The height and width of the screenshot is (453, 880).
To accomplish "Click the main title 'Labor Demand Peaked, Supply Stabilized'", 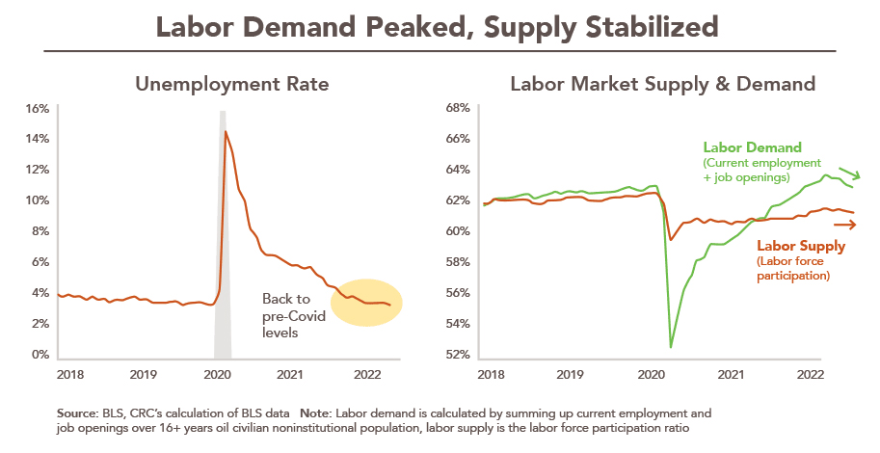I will (439, 26).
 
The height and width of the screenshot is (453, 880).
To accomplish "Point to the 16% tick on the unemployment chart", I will (37, 108).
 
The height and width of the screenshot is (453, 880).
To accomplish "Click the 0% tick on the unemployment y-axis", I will (40, 355).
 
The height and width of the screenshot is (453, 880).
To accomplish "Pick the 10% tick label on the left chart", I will (37, 200).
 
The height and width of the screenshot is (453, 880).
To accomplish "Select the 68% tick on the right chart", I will (456, 108).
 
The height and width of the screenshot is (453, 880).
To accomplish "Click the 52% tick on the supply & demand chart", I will (456, 355).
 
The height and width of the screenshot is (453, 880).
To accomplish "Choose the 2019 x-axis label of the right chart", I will (569, 373).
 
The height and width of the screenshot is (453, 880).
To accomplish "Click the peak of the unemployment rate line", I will (226, 131).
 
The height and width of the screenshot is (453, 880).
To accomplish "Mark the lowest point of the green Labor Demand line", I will (671, 346).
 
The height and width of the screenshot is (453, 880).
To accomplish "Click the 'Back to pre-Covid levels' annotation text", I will (286, 315).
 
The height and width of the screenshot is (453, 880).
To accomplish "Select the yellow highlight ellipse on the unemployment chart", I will (366, 303).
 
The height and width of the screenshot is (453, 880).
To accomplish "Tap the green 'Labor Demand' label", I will (752, 147).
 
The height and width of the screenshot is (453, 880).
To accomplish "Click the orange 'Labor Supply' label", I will (800, 246).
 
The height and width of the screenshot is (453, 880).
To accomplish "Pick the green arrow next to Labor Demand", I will (844, 176).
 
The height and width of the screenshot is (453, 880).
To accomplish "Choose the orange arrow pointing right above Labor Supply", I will (844, 225).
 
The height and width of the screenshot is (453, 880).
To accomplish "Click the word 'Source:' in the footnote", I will (77, 412).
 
